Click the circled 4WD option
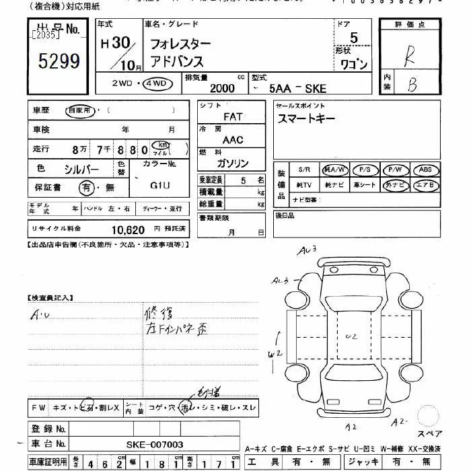158,85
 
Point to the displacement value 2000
223,87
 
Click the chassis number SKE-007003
155,445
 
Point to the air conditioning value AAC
232,140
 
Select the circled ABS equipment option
425,170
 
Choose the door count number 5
354,38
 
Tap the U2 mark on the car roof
350,334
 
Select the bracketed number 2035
44,34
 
